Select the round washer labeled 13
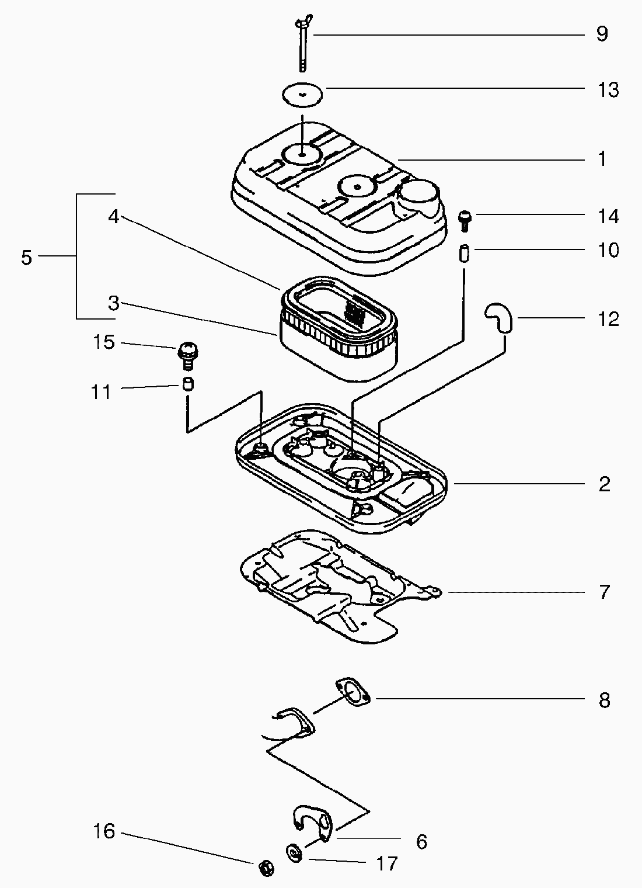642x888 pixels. pos(303,94)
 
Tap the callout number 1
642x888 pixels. pos(602,159)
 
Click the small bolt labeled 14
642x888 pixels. pos(465,221)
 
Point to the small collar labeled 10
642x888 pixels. pos(465,255)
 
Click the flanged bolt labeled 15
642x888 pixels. pos(187,354)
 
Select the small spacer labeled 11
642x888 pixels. pos(187,384)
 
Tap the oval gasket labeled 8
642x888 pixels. pos(353,693)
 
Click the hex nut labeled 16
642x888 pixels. pos(266,867)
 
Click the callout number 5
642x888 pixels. pos(26,257)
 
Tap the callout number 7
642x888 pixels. pos(604,592)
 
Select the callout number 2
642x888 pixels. pos(604,484)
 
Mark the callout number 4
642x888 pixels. pos(113,217)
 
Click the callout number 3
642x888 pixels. pos(113,303)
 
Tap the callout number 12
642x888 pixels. pos(608,319)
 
